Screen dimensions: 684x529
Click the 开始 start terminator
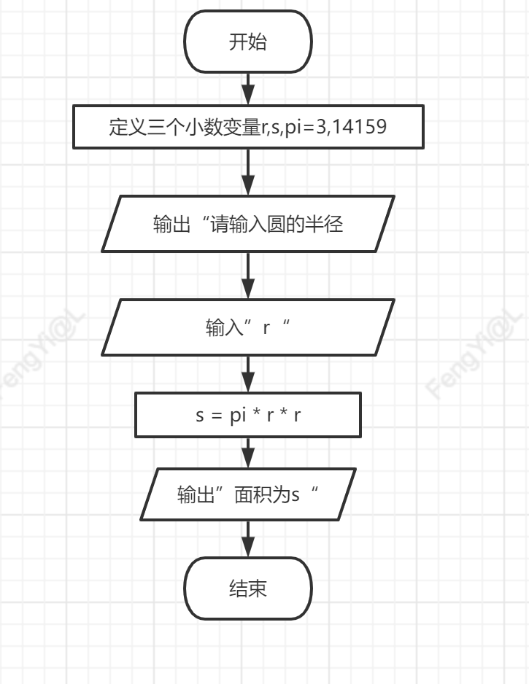click(x=248, y=42)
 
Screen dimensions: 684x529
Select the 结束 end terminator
click(x=248, y=588)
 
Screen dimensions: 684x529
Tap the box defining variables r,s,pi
click(x=248, y=128)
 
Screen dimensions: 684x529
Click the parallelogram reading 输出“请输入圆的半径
click(x=248, y=224)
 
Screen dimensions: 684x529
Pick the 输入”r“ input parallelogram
click(x=248, y=327)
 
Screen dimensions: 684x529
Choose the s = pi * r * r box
click(x=248, y=415)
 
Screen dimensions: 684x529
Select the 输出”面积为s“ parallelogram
click(x=248, y=494)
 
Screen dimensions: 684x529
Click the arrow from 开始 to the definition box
click(x=248, y=89)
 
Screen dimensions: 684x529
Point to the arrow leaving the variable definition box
click(x=248, y=172)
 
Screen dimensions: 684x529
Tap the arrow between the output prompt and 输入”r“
click(x=248, y=276)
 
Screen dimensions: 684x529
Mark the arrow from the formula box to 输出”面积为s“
click(x=248, y=453)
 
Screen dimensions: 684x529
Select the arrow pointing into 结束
click(x=248, y=539)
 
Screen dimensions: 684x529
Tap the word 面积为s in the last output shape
click(x=268, y=494)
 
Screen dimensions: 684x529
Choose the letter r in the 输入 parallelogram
click(x=266, y=327)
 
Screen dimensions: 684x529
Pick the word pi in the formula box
click(x=238, y=416)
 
